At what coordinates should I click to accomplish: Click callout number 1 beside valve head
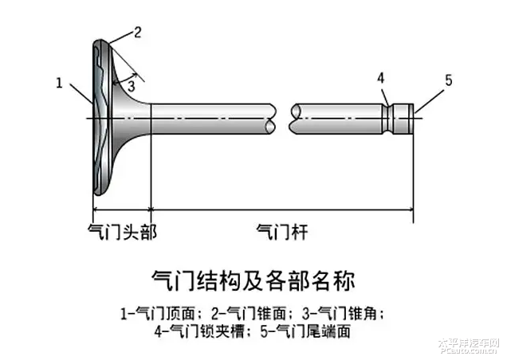coord(59,81)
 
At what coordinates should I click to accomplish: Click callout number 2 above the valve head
coord(137,33)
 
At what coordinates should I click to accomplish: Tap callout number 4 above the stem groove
coord(381,78)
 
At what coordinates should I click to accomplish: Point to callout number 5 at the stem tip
coord(448,80)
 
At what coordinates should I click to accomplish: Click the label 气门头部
coord(121,232)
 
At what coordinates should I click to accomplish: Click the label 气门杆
coord(281,232)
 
